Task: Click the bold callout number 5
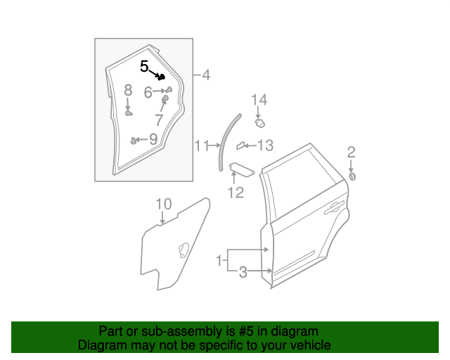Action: click(144, 67)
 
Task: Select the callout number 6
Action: click(148, 92)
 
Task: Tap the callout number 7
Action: click(159, 120)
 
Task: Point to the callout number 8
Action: click(128, 90)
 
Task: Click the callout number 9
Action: click(153, 139)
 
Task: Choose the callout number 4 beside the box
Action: click(205, 75)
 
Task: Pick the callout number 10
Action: click(163, 205)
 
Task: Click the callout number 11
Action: click(202, 146)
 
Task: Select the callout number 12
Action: click(235, 192)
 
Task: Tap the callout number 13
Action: click(264, 146)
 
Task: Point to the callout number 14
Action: click(259, 100)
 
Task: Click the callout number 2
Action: click(351, 152)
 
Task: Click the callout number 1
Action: click(220, 260)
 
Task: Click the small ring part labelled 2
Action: click(352, 176)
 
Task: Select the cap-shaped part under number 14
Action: click(259, 122)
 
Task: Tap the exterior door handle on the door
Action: click(333, 207)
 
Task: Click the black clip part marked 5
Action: click(161, 76)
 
